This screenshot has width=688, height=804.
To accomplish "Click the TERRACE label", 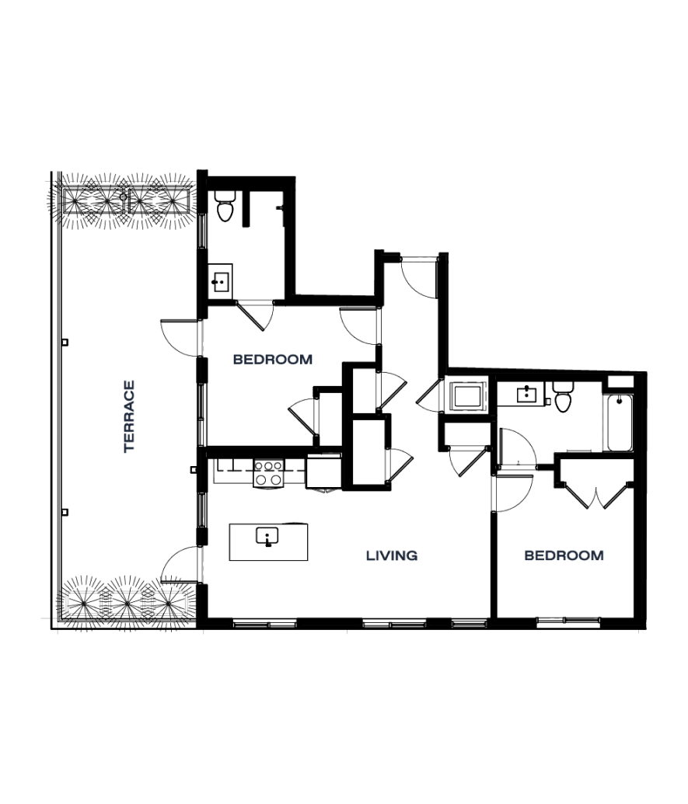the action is click(x=129, y=416).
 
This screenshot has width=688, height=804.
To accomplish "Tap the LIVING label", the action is click(x=392, y=555).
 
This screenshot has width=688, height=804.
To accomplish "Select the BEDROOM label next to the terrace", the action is click(x=272, y=360).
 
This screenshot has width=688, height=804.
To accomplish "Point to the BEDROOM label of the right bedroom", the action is click(x=564, y=555).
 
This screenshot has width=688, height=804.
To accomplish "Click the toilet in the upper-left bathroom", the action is click(x=225, y=206).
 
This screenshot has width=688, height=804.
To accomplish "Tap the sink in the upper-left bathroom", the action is click(x=221, y=281).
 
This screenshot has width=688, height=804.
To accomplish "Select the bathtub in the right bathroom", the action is click(x=620, y=423).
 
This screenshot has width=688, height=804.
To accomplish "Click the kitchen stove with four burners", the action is click(x=268, y=474).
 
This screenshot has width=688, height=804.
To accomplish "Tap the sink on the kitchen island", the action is click(x=267, y=536).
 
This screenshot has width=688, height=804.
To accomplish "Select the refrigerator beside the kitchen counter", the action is click(x=323, y=472).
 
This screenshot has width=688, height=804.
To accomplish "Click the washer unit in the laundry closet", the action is click(x=467, y=396).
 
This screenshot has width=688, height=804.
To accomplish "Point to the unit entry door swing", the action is click(x=419, y=277).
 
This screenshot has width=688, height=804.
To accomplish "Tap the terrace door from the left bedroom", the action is click(x=180, y=338).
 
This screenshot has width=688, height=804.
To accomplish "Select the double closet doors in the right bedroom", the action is click(x=595, y=495).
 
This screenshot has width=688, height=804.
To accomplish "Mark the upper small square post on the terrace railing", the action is click(x=65, y=343).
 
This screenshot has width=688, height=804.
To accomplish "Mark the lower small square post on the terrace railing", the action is click(x=65, y=512).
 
